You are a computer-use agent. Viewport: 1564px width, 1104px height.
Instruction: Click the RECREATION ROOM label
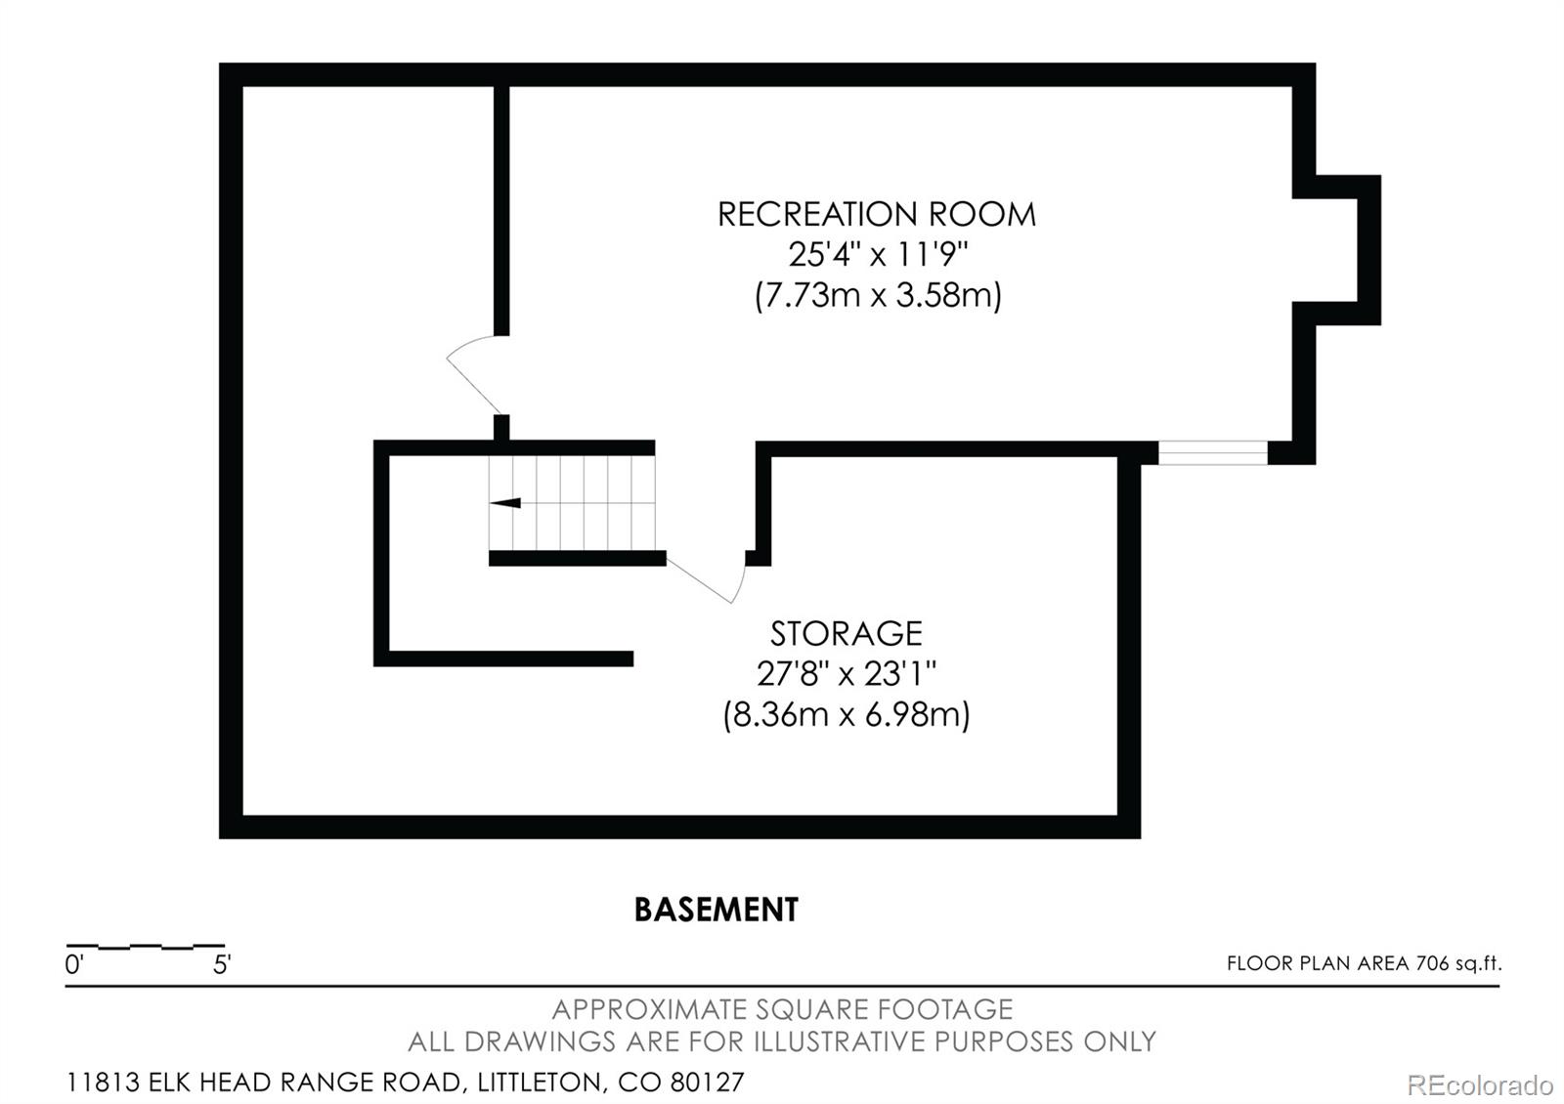point(876,214)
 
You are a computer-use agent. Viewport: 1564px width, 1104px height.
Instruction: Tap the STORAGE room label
point(847,634)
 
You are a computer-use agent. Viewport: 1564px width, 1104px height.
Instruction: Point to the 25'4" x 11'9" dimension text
point(879,255)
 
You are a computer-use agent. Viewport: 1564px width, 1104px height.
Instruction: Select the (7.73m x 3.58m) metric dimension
point(879,295)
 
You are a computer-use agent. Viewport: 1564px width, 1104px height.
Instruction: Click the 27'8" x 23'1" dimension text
point(847,674)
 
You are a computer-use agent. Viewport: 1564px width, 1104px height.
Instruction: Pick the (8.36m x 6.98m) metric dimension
point(847,714)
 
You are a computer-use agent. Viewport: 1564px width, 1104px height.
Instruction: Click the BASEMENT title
point(717,910)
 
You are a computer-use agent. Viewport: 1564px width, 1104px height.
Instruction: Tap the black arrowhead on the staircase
point(505,503)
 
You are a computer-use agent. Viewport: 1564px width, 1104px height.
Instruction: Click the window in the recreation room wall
point(1213,453)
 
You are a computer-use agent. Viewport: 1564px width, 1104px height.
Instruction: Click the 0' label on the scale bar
point(74,964)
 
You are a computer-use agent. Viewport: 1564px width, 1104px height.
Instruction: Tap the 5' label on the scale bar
point(222,964)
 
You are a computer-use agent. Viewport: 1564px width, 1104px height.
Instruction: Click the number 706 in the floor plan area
point(1431,963)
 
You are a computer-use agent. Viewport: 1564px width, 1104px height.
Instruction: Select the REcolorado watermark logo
point(1480,1085)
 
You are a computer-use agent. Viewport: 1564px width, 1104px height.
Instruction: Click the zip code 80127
point(707,1083)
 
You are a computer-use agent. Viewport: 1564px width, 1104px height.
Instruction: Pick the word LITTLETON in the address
point(539,1083)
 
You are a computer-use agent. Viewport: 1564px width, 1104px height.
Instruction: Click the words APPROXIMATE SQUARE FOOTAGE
point(782,1009)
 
